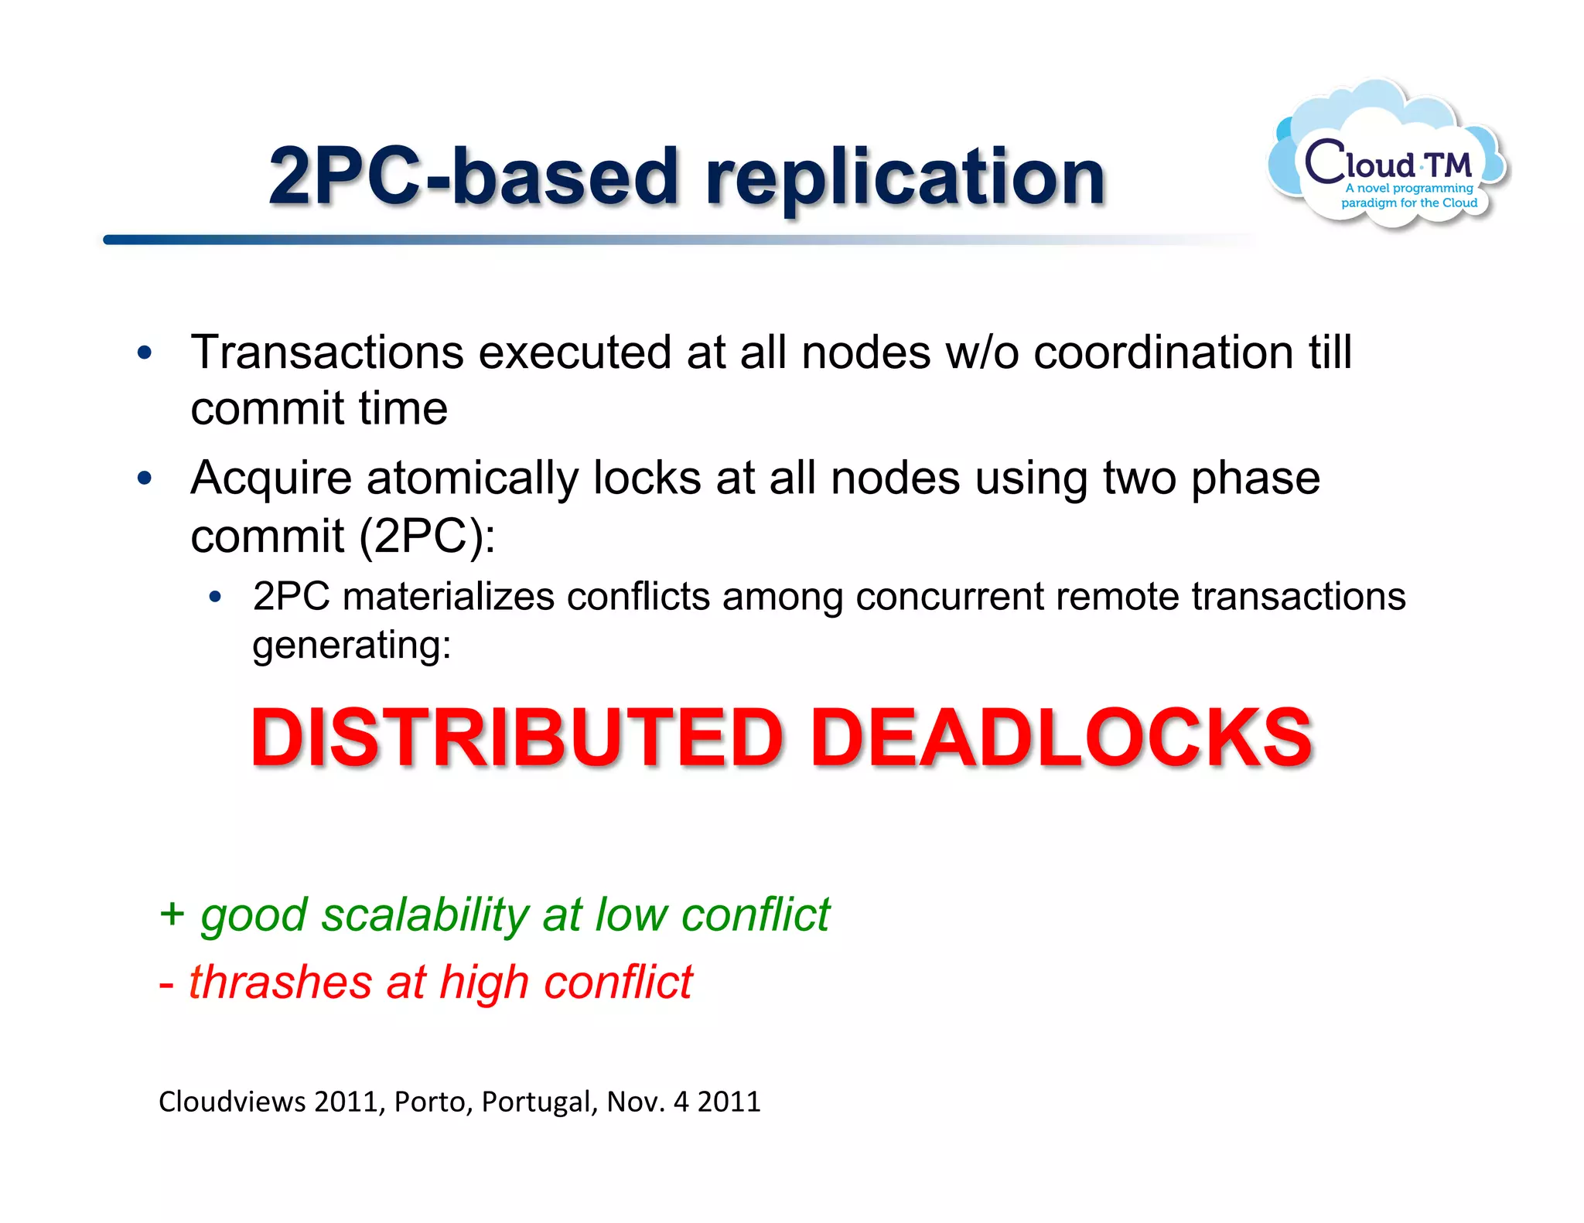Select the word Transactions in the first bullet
pos(327,353)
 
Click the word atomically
pos(472,478)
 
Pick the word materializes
pos(449,597)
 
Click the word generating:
pos(352,645)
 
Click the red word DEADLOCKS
pos(1060,738)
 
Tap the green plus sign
pos(172,913)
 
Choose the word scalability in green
pos(425,915)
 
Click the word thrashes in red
pos(280,983)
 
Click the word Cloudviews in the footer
pos(232,1102)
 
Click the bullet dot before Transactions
pos(145,353)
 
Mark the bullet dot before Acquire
pos(145,479)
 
